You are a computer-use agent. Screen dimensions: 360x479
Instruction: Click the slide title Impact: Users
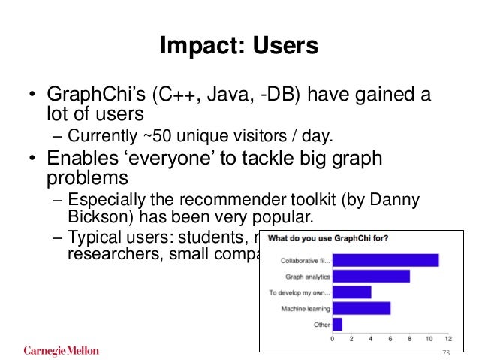(x=239, y=46)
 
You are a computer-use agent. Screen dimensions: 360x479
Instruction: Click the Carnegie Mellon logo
(x=62, y=350)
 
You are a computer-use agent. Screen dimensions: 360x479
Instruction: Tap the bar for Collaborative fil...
(x=385, y=260)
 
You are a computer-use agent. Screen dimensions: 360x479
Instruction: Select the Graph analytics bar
(x=371, y=276)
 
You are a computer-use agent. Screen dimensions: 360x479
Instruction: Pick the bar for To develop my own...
(x=351, y=292)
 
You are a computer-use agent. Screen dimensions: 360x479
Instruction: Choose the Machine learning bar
(x=361, y=308)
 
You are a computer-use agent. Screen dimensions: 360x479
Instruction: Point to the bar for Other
(x=337, y=324)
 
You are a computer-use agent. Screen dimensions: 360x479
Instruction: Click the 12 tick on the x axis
(x=447, y=339)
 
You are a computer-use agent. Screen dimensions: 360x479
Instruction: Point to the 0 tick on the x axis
(x=333, y=339)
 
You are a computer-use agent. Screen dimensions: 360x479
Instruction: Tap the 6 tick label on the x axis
(x=390, y=339)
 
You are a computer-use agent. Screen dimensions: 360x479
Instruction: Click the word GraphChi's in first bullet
(x=89, y=96)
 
